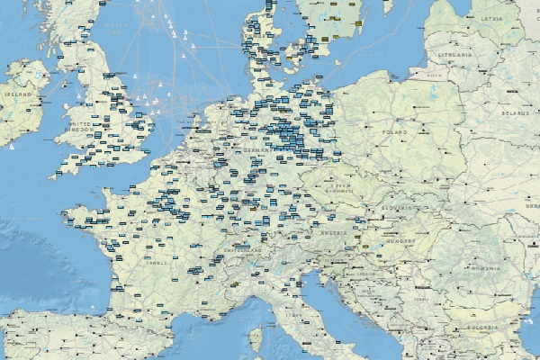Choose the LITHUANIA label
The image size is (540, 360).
(x=453, y=55)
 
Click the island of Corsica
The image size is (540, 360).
(x=255, y=339)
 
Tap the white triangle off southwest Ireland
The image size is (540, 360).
(x=12, y=147)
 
